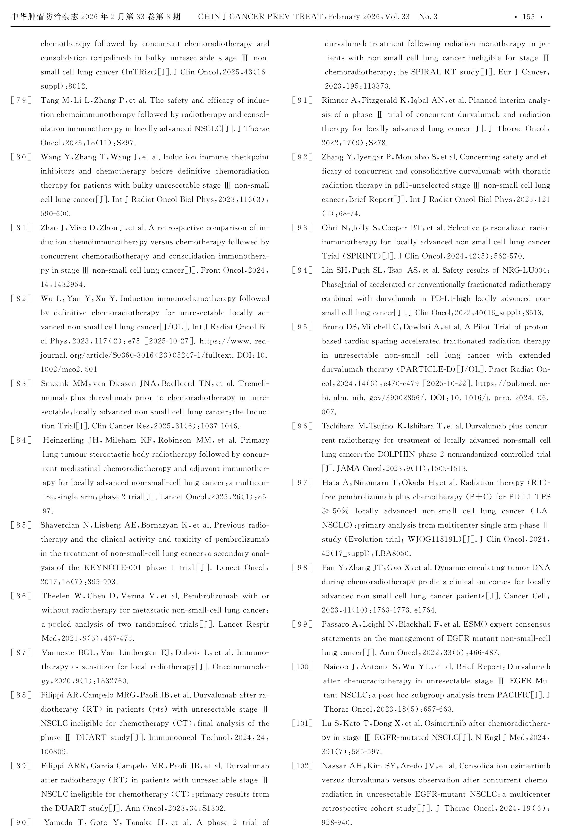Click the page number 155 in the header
(x=529, y=17)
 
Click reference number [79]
(x=21, y=100)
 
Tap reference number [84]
(x=21, y=440)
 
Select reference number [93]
(x=302, y=228)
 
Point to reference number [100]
(x=302, y=667)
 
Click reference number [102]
(x=302, y=766)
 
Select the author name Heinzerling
(x=63, y=440)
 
